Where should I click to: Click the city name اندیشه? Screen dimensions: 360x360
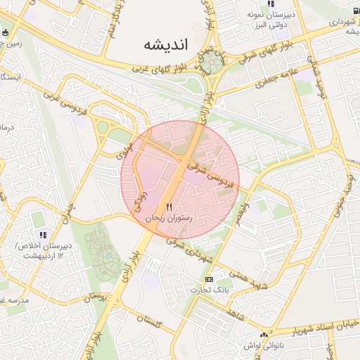tap(167, 45)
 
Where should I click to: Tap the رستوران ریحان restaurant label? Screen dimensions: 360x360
tap(169, 219)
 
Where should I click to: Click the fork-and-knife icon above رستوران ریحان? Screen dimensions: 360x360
tap(169, 207)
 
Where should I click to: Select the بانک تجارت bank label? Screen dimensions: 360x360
tap(210, 290)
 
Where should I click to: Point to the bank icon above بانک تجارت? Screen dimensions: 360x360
tap(208, 279)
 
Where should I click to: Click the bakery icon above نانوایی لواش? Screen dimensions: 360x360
tap(264, 335)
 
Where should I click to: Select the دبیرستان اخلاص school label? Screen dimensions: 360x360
tap(41, 250)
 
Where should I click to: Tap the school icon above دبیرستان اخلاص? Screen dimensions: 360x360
tap(43, 235)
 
